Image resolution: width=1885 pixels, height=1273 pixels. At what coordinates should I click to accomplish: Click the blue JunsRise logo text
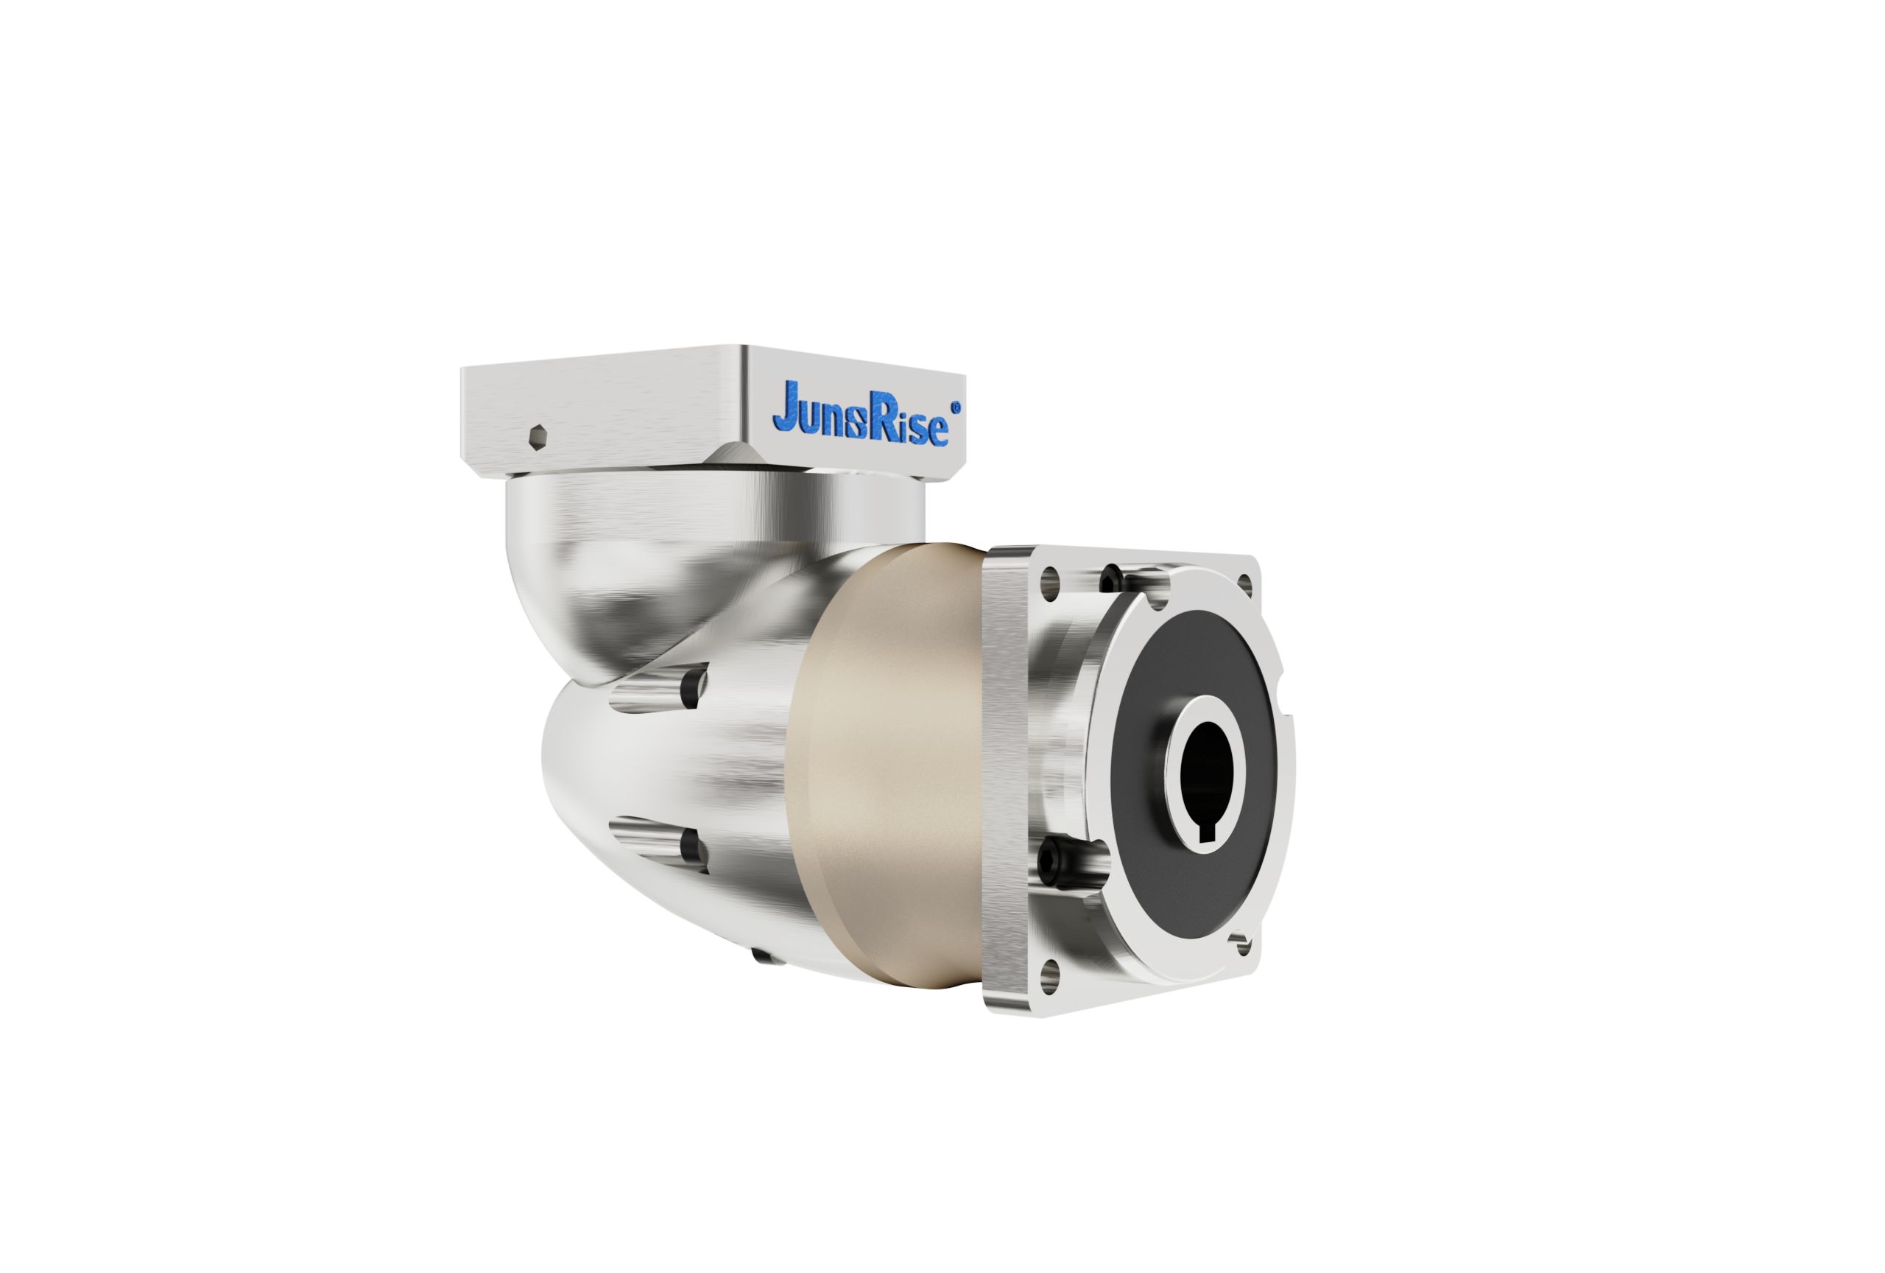point(860,414)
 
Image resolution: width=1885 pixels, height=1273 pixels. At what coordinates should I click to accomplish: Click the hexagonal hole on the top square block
point(538,438)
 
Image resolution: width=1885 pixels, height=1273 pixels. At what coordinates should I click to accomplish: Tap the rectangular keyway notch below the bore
point(1207,833)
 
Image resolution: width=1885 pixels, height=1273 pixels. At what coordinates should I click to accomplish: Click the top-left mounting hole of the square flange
point(1049,583)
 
